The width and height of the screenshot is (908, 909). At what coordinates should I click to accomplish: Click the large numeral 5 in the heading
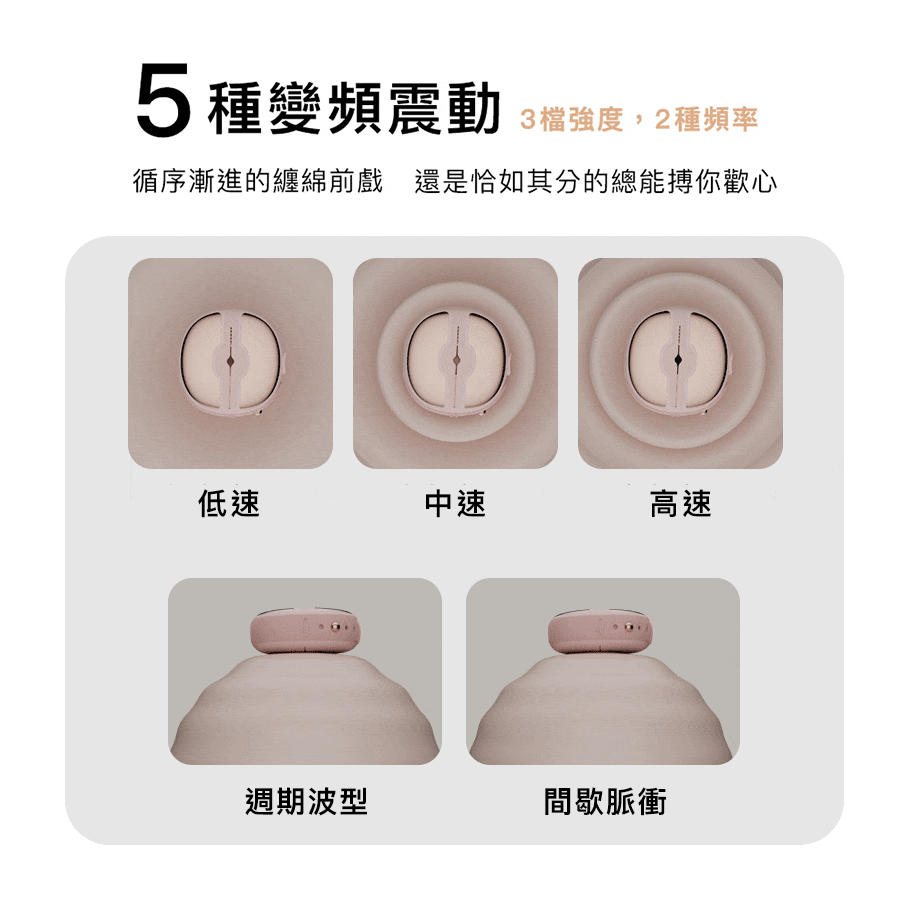click(163, 101)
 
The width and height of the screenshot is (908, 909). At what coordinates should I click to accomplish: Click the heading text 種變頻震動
click(354, 108)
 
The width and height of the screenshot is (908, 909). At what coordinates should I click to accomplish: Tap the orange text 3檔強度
click(572, 119)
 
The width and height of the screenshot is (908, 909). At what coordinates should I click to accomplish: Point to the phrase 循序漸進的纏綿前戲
click(258, 181)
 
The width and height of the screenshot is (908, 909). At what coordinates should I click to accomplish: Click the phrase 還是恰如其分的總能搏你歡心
click(595, 181)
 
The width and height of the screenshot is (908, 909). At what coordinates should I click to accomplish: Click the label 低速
click(229, 503)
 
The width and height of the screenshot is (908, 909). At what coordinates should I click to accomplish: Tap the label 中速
click(455, 503)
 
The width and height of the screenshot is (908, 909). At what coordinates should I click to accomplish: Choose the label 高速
click(681, 503)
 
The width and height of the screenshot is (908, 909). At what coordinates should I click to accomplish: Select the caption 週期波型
click(306, 801)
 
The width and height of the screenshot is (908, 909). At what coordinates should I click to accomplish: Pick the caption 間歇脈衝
click(605, 801)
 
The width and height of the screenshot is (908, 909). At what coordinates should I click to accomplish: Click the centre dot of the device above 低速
click(230, 361)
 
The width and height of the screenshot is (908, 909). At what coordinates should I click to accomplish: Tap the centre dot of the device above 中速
click(456, 361)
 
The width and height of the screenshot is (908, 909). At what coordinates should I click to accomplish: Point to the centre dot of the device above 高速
click(678, 360)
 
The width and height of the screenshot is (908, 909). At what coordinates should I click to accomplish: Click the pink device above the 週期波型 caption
click(306, 631)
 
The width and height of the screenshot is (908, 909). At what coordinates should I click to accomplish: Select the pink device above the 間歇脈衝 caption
click(603, 631)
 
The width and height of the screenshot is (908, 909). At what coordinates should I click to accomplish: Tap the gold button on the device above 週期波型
click(335, 626)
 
